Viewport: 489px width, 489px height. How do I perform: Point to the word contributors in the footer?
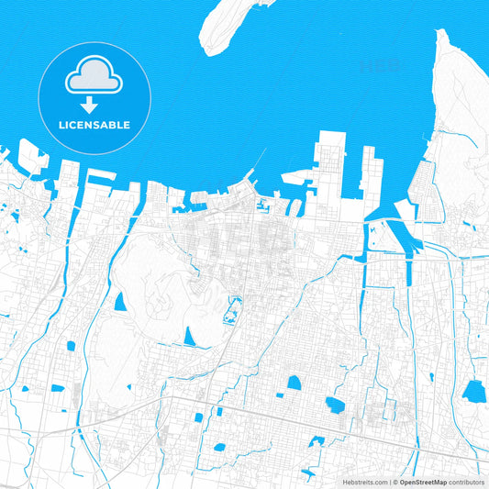coord(466,482)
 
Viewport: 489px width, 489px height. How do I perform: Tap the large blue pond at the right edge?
coord(474,392)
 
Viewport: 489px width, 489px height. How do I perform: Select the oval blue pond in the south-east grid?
coord(335,405)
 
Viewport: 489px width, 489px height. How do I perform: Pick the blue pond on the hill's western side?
coord(120,302)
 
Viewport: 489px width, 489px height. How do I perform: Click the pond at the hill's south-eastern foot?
coord(190,337)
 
